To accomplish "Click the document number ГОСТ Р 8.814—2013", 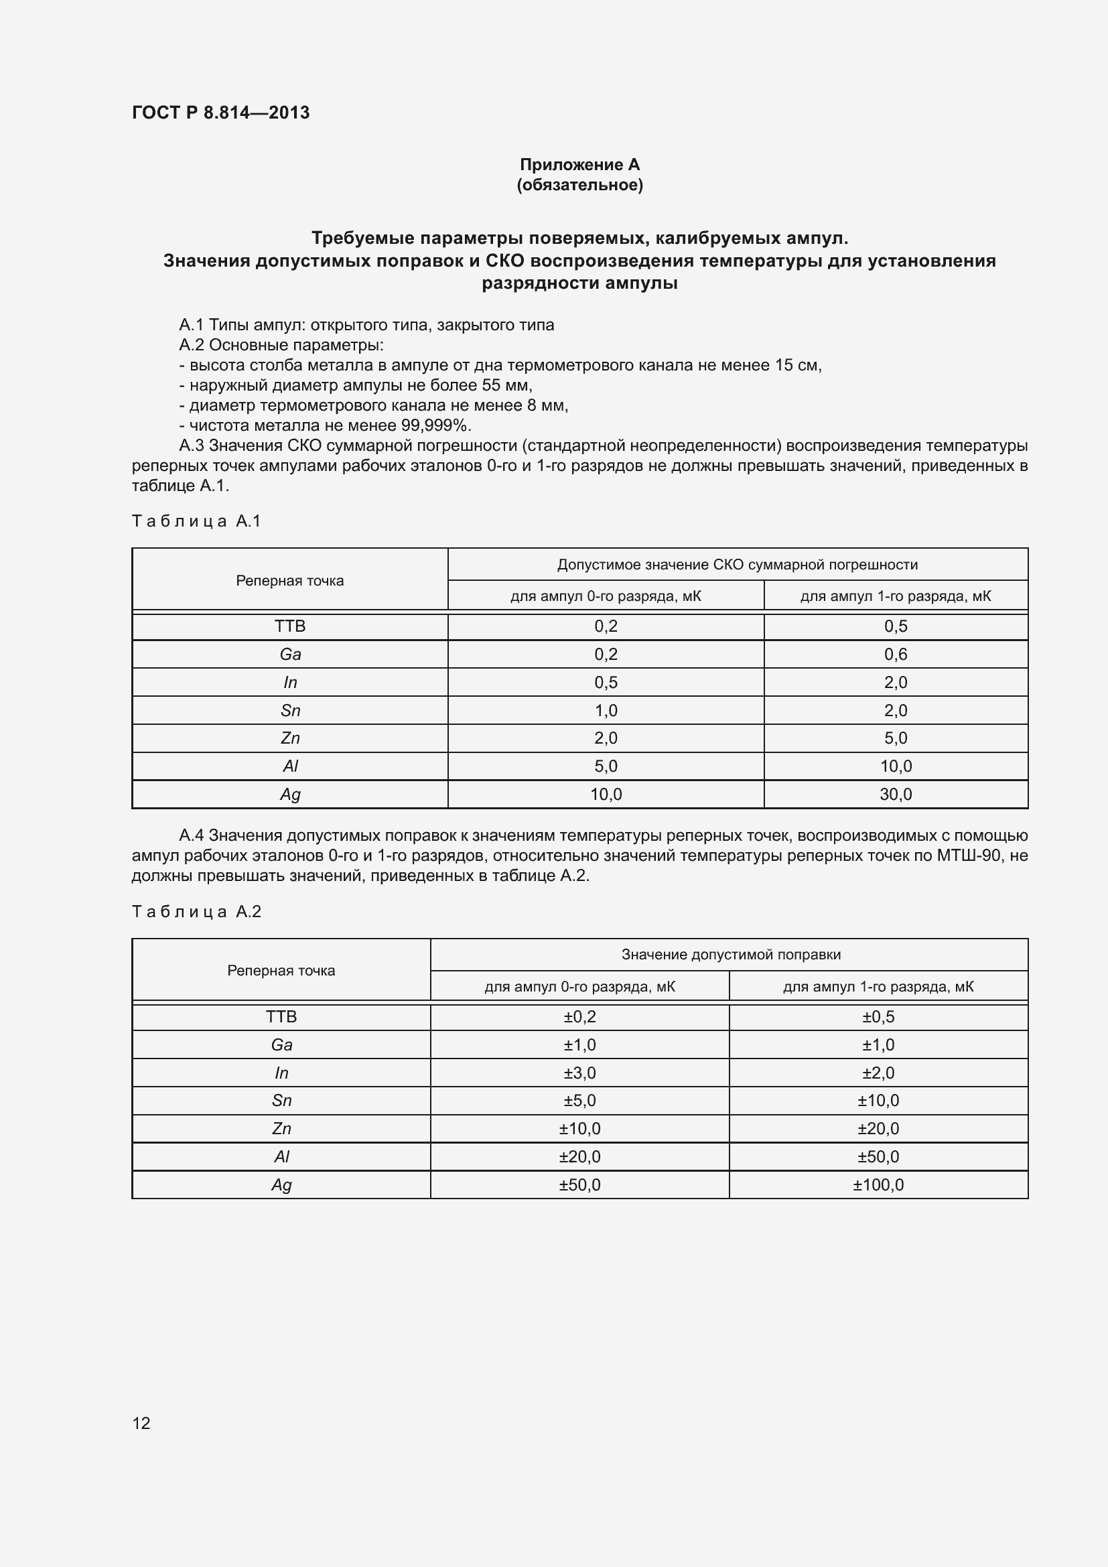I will (x=220, y=113).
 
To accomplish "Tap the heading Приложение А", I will (x=579, y=165).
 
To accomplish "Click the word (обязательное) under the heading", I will (x=579, y=185).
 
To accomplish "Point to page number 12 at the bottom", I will (x=141, y=1423).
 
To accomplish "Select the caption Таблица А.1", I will (x=196, y=521).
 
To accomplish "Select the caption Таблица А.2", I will (x=196, y=912).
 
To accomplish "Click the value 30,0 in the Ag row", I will (x=895, y=794).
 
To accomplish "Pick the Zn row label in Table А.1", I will (x=290, y=738).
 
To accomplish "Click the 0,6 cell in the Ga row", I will (x=895, y=654).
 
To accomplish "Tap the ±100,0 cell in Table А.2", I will (x=878, y=1185).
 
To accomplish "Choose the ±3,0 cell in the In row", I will (x=579, y=1073).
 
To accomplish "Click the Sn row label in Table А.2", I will (x=281, y=1100).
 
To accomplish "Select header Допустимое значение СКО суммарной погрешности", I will (x=737, y=564).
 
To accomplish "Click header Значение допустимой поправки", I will (x=730, y=955).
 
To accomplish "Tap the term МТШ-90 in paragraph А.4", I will (x=968, y=856).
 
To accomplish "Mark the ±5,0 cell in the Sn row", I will (x=579, y=1100).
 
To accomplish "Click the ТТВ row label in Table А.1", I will (x=290, y=626).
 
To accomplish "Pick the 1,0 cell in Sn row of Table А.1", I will (x=605, y=710).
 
